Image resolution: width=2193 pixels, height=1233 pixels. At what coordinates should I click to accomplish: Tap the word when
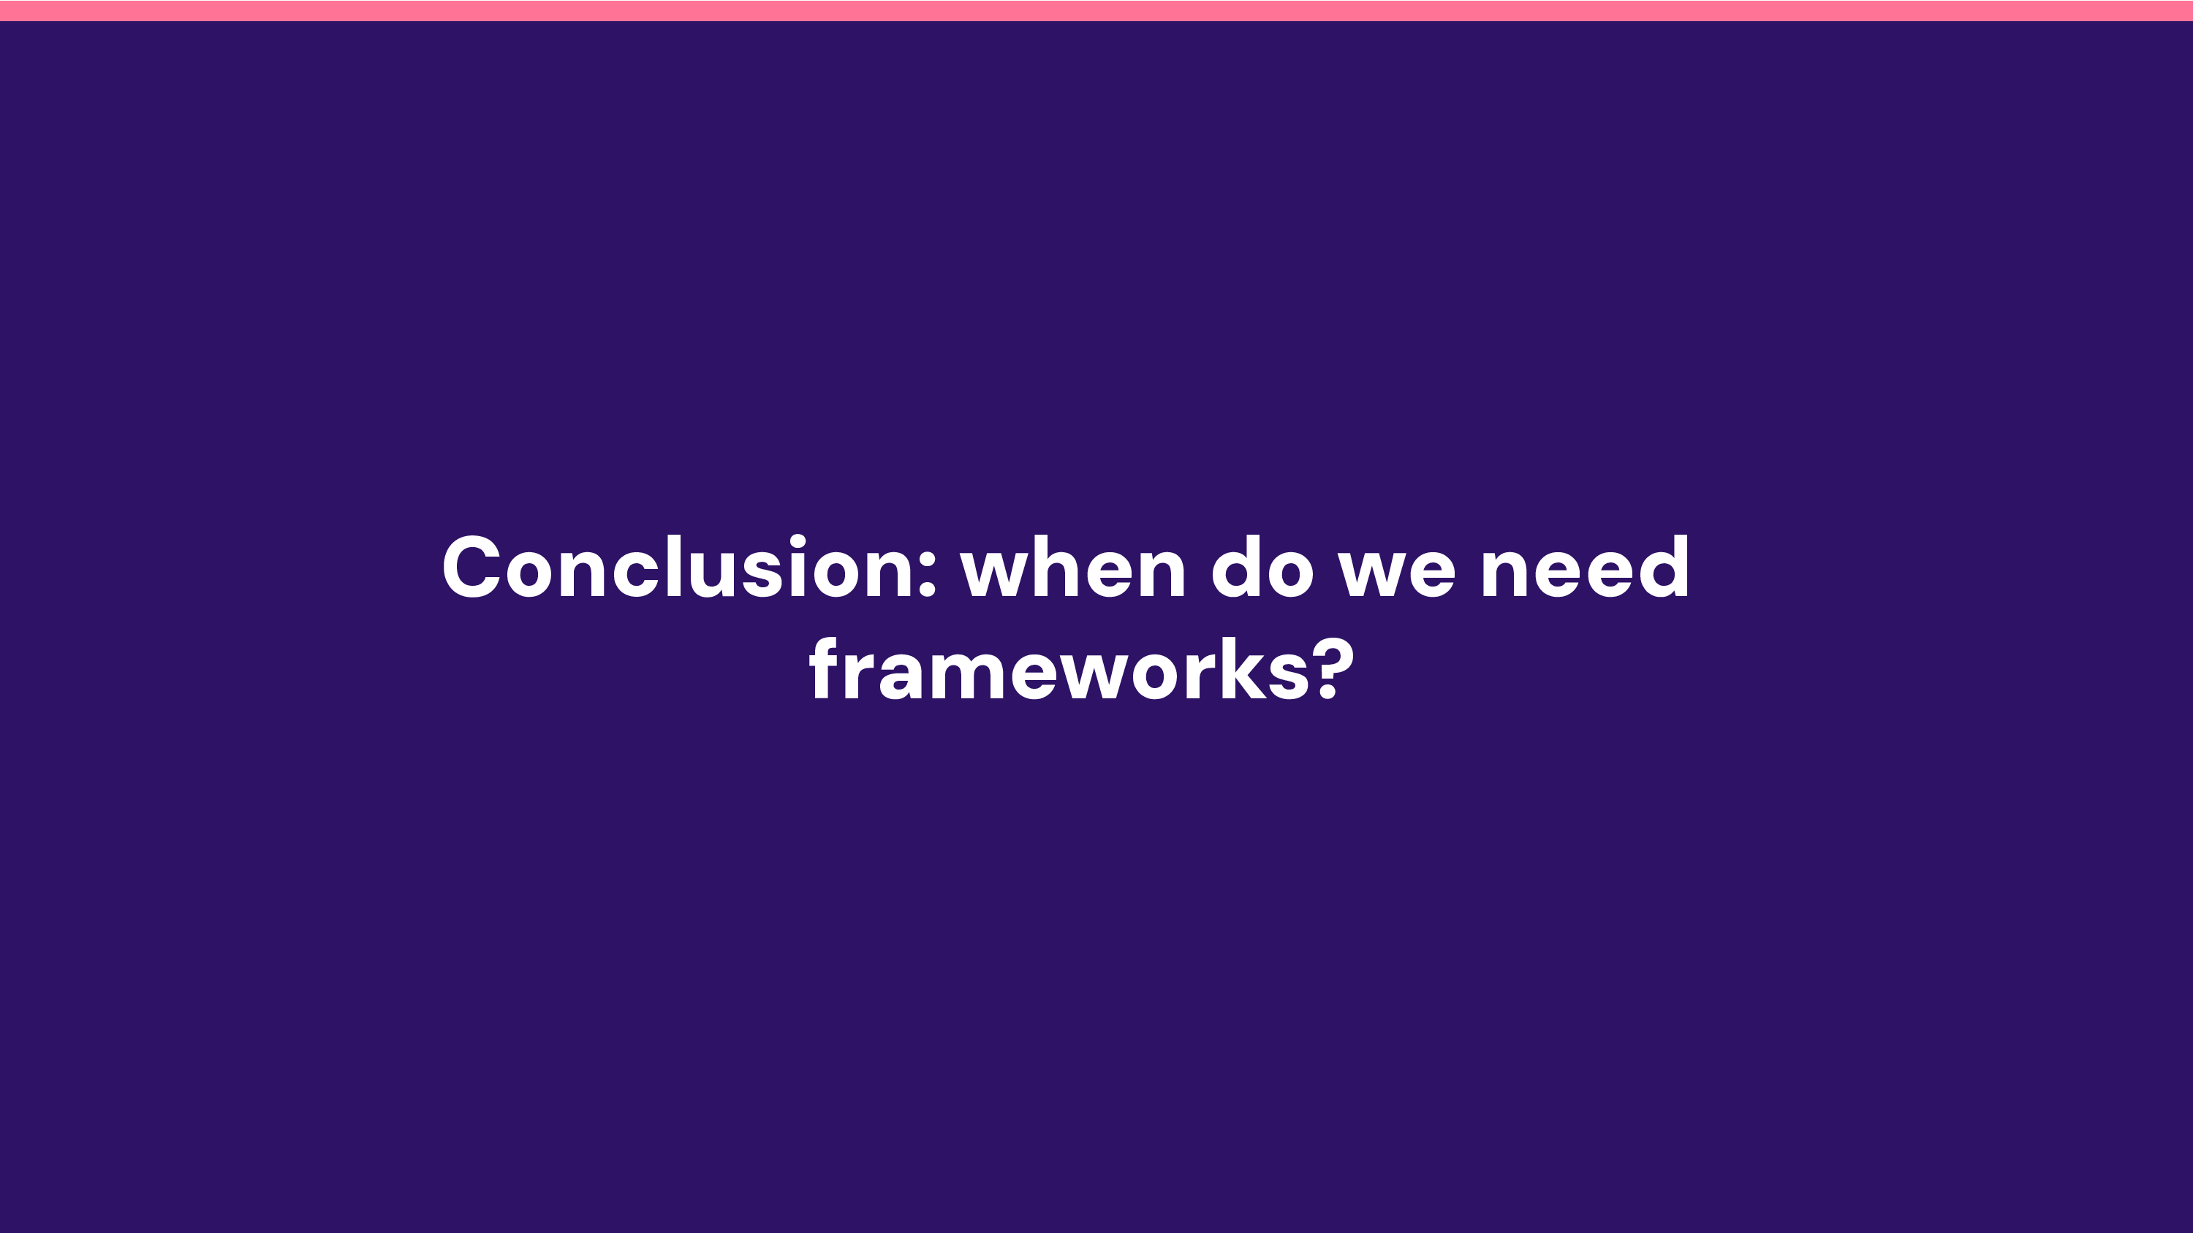pos(1072,568)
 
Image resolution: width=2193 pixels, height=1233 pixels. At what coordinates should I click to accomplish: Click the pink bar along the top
pos(1096,10)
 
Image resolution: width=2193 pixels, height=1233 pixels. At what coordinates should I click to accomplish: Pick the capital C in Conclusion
pos(471,568)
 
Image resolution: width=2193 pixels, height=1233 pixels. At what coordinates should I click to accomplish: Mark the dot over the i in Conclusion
pos(798,541)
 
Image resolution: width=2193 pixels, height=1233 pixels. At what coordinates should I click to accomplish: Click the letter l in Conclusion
pos(674,566)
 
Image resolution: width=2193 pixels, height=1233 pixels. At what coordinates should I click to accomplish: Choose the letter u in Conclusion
pos(711,573)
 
